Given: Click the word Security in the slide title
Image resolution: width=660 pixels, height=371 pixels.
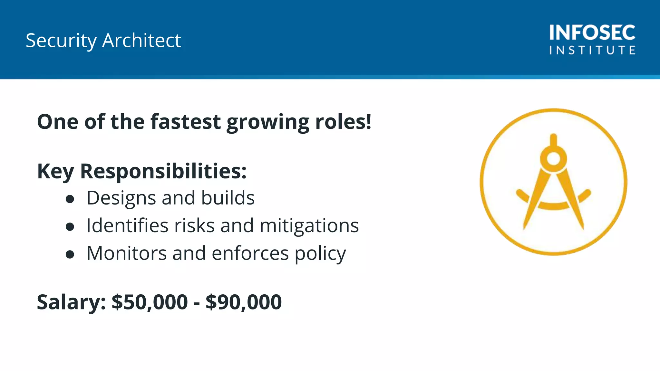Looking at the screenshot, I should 61,41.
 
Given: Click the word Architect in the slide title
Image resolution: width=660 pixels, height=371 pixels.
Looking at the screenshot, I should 141,41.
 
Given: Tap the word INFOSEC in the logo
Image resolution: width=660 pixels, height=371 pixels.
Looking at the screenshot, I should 592,33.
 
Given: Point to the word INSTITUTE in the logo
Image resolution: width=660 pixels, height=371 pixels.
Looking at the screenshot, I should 592,50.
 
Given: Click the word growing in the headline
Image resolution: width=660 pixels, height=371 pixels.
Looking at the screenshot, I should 268,122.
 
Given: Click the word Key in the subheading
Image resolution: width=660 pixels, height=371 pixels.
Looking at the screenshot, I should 55,171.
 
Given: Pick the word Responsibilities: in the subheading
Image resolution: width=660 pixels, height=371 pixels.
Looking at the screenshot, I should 163,171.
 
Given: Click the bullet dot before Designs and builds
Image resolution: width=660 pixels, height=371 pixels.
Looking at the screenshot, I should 70,199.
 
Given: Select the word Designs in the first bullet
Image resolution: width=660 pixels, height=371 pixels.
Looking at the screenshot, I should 121,198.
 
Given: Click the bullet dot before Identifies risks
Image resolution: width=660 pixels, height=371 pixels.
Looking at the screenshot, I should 70,227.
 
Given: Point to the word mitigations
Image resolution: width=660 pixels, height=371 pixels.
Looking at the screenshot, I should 309,226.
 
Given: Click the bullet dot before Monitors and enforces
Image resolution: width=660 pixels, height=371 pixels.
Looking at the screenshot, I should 70,254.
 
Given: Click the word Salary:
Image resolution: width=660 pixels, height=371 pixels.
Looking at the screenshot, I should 71,302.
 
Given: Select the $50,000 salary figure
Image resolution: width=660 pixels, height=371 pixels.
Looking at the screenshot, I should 150,302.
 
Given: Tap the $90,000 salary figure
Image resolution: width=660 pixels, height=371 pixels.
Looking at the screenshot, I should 244,302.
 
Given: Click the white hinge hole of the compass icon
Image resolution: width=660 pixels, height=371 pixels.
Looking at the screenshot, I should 554,158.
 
